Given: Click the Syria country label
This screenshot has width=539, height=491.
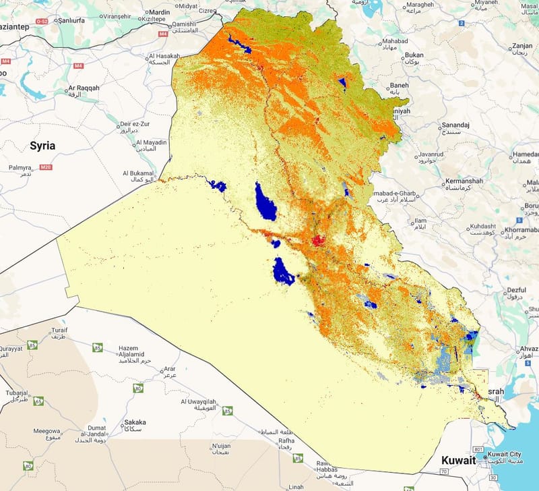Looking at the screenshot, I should tap(42, 146).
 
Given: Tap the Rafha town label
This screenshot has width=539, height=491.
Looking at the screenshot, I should tap(287, 442).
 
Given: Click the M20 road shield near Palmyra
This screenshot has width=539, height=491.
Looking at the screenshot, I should tap(46, 167).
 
